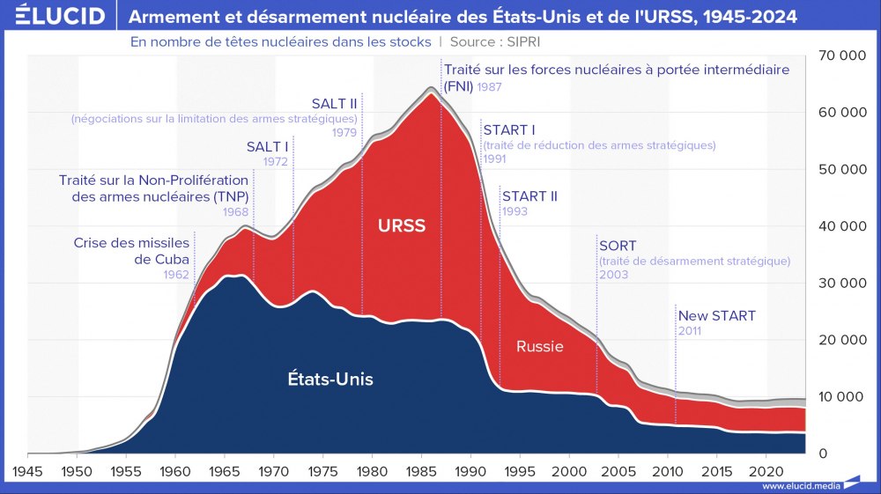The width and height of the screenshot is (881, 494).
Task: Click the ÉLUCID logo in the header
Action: (54, 16)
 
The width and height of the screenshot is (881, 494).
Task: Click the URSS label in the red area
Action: (401, 226)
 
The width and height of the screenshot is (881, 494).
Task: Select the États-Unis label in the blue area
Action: (330, 380)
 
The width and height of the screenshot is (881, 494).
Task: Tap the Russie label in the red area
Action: (539, 346)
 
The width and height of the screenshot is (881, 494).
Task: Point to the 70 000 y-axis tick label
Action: (840, 55)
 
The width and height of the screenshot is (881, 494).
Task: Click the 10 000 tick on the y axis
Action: (840, 397)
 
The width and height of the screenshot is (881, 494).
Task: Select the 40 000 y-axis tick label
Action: (840, 226)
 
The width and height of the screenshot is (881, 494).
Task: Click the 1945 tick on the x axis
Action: (28, 470)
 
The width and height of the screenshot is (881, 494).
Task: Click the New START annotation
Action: (716, 316)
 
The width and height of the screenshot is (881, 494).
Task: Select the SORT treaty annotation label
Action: (617, 246)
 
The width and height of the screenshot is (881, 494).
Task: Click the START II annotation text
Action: (529, 196)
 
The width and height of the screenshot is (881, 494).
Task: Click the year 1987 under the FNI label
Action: (490, 86)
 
